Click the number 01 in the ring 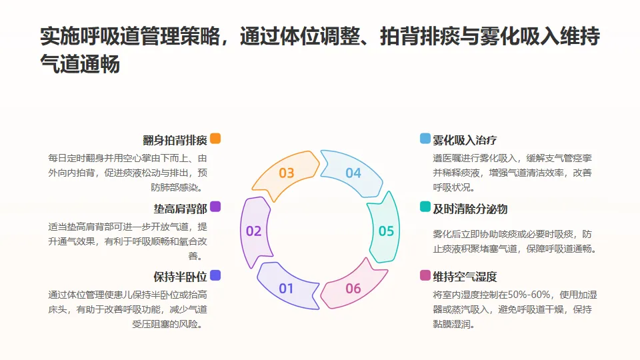[286, 289]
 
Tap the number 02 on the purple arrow [253, 231]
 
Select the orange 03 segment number [286, 173]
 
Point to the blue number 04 [353, 173]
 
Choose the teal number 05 [386, 231]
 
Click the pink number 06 [353, 289]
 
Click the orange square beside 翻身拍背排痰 [215, 139]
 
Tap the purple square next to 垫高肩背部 [215, 207]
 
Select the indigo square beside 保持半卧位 [215, 275]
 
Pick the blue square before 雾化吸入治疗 [425, 139]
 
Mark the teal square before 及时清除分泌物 [425, 207]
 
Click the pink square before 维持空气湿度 [425, 275]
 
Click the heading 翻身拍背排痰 [175, 140]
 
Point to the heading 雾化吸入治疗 [465, 140]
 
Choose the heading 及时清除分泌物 [470, 209]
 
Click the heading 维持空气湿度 [465, 277]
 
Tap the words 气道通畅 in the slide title [80, 65]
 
